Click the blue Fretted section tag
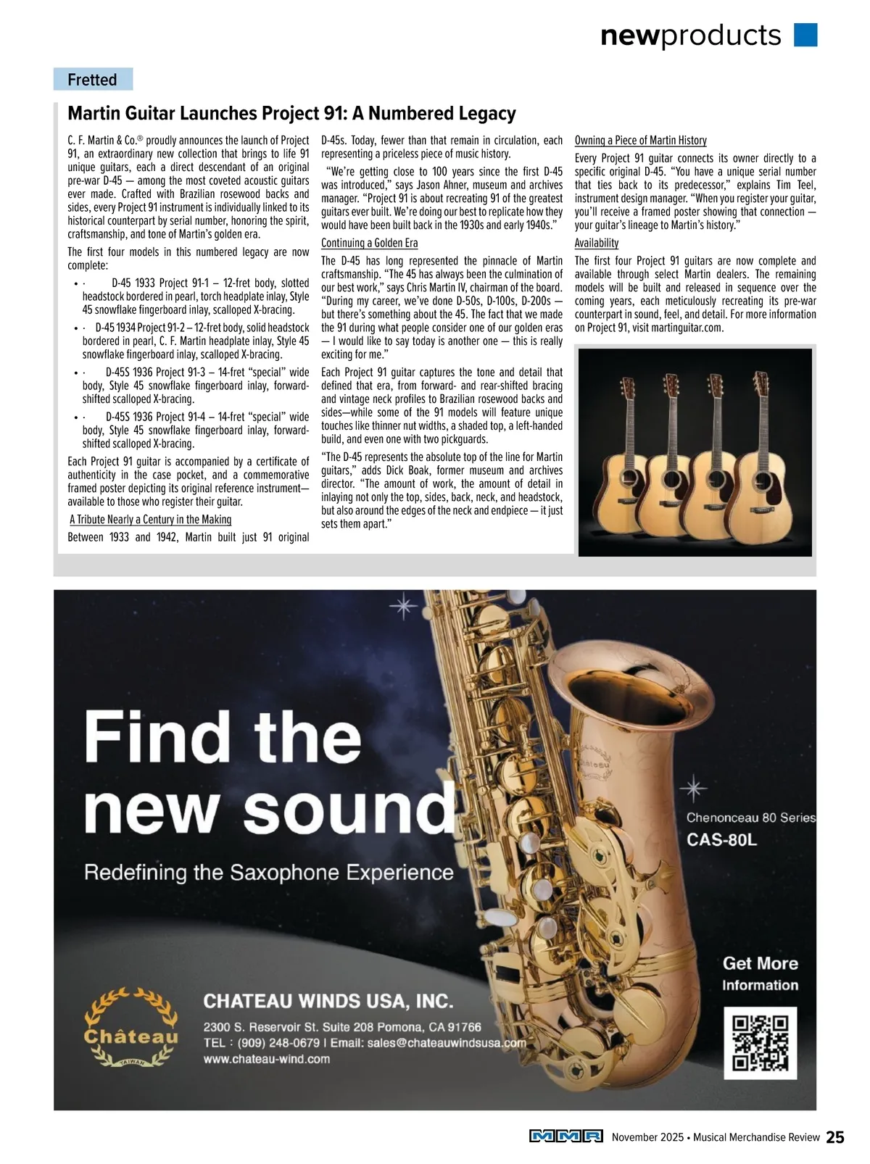pyautogui.click(x=93, y=80)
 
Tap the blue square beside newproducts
pyautogui.click(x=805, y=35)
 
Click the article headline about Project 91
pyautogui.click(x=291, y=114)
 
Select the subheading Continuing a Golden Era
pyautogui.click(x=369, y=244)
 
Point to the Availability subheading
pyautogui.click(x=597, y=244)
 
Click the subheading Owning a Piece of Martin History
pyautogui.click(x=640, y=141)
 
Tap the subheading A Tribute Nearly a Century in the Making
pyautogui.click(x=151, y=520)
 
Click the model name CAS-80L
pyautogui.click(x=721, y=841)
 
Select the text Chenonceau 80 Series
pyautogui.click(x=750, y=818)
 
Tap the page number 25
pyautogui.click(x=835, y=1137)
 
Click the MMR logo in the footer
pyautogui.click(x=566, y=1137)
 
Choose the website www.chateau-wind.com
pyautogui.click(x=266, y=1059)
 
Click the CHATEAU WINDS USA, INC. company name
pyautogui.click(x=328, y=1001)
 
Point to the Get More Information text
pyautogui.click(x=760, y=973)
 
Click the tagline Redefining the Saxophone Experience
pyautogui.click(x=268, y=872)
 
